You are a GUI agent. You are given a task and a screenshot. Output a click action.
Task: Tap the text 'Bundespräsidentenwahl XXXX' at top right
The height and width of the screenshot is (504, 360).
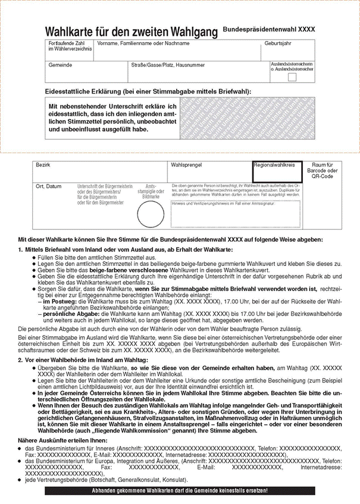pyautogui.click(x=269, y=29)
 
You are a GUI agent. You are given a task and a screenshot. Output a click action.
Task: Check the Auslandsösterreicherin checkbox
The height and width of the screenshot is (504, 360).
pyautogui.click(x=292, y=76)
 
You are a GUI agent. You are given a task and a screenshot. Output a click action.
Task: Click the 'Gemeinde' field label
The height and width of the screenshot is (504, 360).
pyautogui.click(x=60, y=64)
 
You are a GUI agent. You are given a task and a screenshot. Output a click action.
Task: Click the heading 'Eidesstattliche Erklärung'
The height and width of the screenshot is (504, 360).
pyautogui.click(x=148, y=92)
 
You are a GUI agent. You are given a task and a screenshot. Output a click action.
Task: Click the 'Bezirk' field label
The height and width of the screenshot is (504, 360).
pyautogui.click(x=43, y=163)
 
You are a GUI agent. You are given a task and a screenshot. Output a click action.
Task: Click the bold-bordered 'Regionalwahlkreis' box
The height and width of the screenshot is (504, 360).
pyautogui.click(x=277, y=171)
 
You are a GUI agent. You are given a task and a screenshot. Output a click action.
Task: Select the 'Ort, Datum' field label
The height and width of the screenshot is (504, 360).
pyautogui.click(x=49, y=186)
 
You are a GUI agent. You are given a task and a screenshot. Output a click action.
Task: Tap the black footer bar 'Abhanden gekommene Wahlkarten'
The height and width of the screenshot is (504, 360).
pyautogui.click(x=180, y=491)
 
